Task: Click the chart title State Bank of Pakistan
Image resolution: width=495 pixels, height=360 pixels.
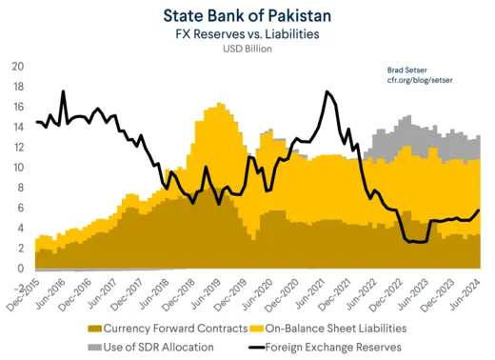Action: (x=247, y=15)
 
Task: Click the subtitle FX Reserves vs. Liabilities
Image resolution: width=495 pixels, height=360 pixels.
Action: (x=247, y=34)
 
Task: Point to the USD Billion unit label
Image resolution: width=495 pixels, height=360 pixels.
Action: (x=247, y=50)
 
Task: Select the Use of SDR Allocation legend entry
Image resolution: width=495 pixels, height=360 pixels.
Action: (x=152, y=347)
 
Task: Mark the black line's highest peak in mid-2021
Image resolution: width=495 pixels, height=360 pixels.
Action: (x=327, y=91)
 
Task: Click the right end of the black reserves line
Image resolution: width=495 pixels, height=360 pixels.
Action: (x=478, y=210)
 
